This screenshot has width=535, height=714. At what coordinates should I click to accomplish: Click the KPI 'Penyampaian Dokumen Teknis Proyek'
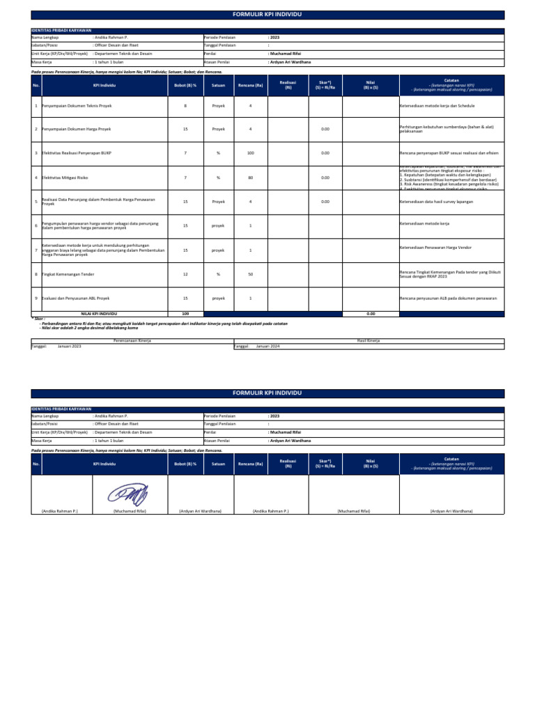pos(77,106)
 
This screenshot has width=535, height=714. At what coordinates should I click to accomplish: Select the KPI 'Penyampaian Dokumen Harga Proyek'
pos(77,129)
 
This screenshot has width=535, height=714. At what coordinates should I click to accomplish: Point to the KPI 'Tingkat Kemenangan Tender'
pos(68,274)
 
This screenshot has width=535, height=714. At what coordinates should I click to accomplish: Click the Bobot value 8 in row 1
pos(185,106)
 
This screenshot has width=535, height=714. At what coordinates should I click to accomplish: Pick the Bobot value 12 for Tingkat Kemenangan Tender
pos(185,274)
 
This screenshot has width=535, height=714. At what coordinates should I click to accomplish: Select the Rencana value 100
pos(250,153)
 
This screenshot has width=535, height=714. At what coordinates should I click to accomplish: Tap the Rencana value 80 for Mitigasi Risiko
pos(250,177)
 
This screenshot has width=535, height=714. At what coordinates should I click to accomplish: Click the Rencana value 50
pos(250,274)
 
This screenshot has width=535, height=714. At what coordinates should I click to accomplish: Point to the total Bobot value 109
pos(185,314)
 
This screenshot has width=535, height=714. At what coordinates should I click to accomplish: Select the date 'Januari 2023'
pos(69,346)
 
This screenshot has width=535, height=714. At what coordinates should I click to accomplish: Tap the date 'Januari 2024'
pos(267,346)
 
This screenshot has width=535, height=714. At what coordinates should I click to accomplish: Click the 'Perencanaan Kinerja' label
pos(132,340)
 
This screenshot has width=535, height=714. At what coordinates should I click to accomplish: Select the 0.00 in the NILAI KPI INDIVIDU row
pos(371,314)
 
